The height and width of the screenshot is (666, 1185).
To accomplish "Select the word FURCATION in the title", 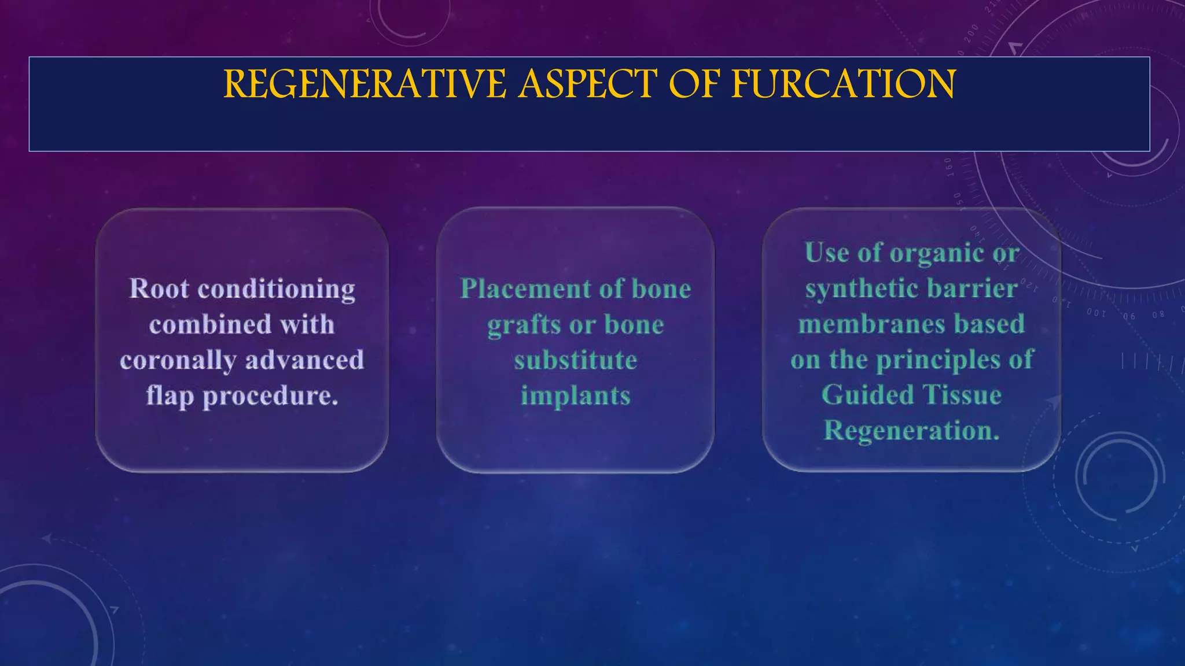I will (x=843, y=84).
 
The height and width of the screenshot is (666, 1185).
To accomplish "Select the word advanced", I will (x=305, y=360).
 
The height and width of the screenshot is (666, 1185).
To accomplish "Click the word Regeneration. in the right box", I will (x=911, y=431).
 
